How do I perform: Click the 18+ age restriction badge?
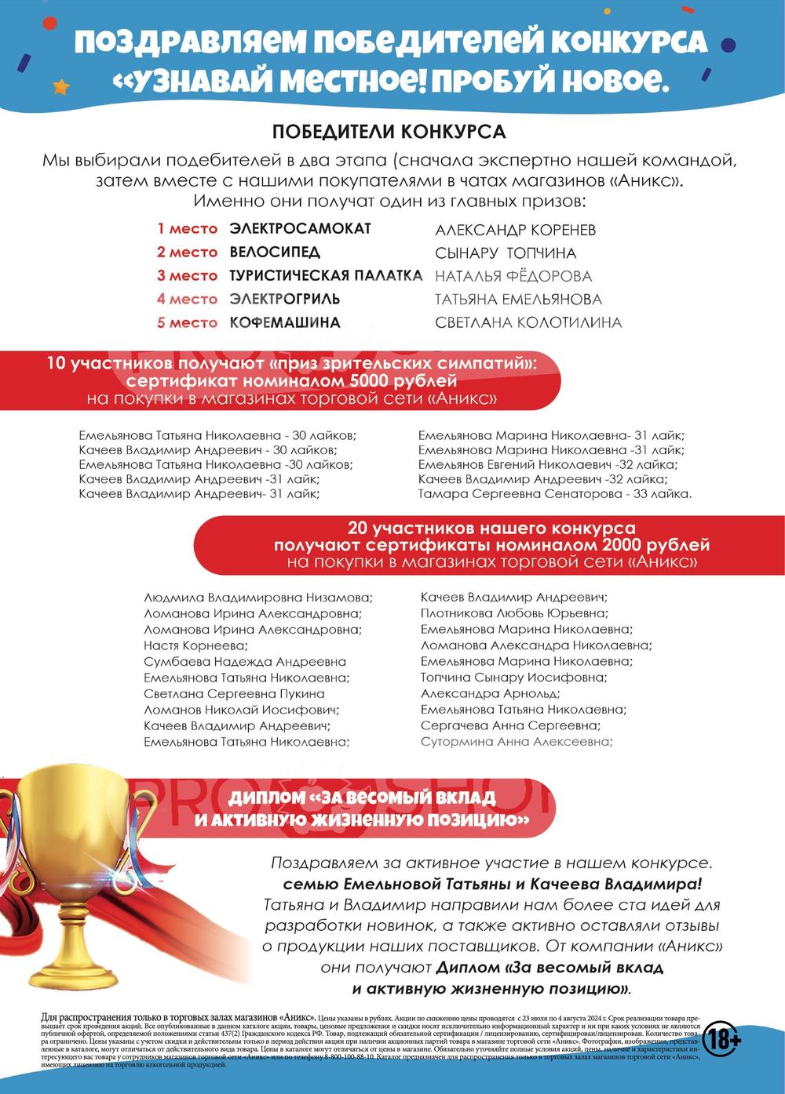(x=721, y=1040)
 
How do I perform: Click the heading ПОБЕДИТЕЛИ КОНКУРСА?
(x=389, y=130)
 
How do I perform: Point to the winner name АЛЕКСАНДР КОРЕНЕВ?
(x=515, y=230)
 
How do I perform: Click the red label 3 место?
(x=187, y=275)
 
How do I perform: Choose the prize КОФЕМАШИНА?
(x=285, y=322)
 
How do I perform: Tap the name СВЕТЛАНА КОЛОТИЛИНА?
(x=528, y=322)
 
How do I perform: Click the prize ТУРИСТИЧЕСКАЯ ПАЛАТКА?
(x=326, y=275)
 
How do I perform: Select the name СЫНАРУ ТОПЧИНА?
(x=506, y=253)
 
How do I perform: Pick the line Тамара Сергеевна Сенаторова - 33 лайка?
(x=555, y=494)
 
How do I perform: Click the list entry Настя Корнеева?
(x=195, y=645)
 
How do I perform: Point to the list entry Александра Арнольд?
(x=490, y=693)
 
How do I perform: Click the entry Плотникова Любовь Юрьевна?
(x=513, y=613)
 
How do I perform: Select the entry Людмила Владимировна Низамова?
(x=258, y=598)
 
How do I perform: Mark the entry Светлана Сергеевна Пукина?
(x=234, y=693)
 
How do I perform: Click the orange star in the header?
(x=61, y=85)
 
